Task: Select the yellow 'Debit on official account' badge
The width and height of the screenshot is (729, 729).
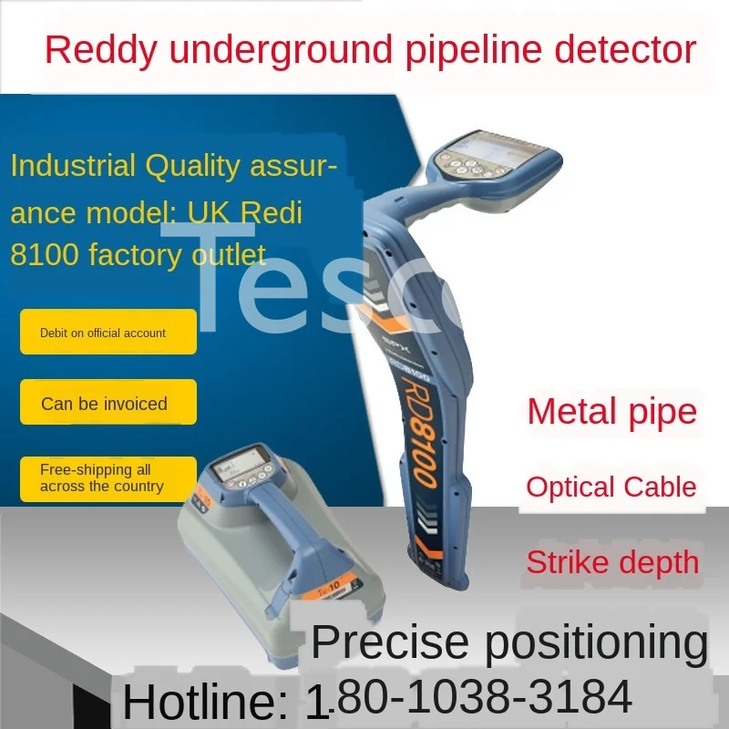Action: pos(108,333)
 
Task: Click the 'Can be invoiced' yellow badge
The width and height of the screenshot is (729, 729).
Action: pos(108,403)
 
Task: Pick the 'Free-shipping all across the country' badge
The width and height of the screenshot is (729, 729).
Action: pos(108,478)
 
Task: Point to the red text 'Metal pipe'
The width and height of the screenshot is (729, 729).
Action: pos(611,412)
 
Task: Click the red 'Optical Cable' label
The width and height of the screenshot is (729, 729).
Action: pos(611,487)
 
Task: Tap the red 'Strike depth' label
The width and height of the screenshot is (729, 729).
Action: pos(611,561)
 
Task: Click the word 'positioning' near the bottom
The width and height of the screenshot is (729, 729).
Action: pos(596,642)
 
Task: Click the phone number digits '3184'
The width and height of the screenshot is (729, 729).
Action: pos(582,698)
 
